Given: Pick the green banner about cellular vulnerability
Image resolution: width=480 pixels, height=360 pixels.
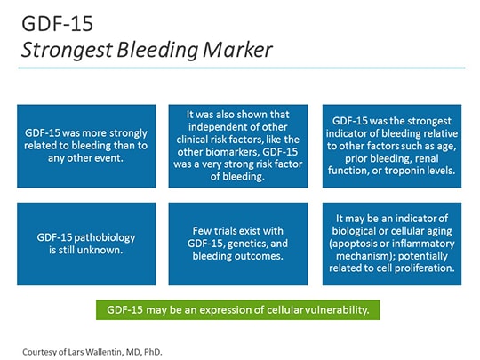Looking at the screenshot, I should pyautogui.click(x=239, y=310).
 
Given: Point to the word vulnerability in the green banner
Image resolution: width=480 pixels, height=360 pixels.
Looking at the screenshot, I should pyautogui.click(x=340, y=310).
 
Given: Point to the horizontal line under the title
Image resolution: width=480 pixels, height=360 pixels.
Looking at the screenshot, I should pyautogui.click(x=240, y=68).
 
